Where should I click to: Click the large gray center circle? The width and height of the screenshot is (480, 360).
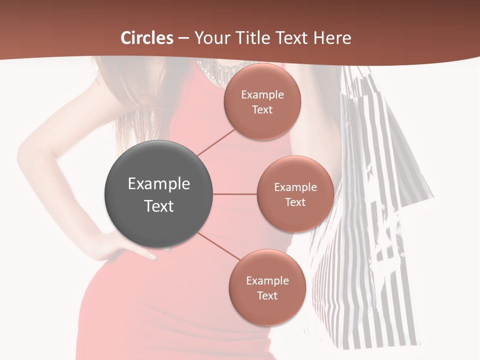point(158,194)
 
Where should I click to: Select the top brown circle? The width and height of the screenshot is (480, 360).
point(262,101)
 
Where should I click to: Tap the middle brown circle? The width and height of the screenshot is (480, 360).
point(295,194)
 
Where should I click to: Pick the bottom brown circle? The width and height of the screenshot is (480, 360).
point(267,287)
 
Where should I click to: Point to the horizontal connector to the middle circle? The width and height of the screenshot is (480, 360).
point(234,194)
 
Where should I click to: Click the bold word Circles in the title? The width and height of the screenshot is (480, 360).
point(147,37)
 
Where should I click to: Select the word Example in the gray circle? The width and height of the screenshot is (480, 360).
point(158,183)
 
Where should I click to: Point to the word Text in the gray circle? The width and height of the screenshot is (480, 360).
point(158,206)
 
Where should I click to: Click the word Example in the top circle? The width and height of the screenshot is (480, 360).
point(262,94)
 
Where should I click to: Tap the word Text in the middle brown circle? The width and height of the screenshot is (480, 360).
point(295,202)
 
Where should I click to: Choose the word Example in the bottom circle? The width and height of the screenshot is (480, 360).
point(267,280)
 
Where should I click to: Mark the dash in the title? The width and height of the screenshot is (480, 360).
point(183,38)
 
